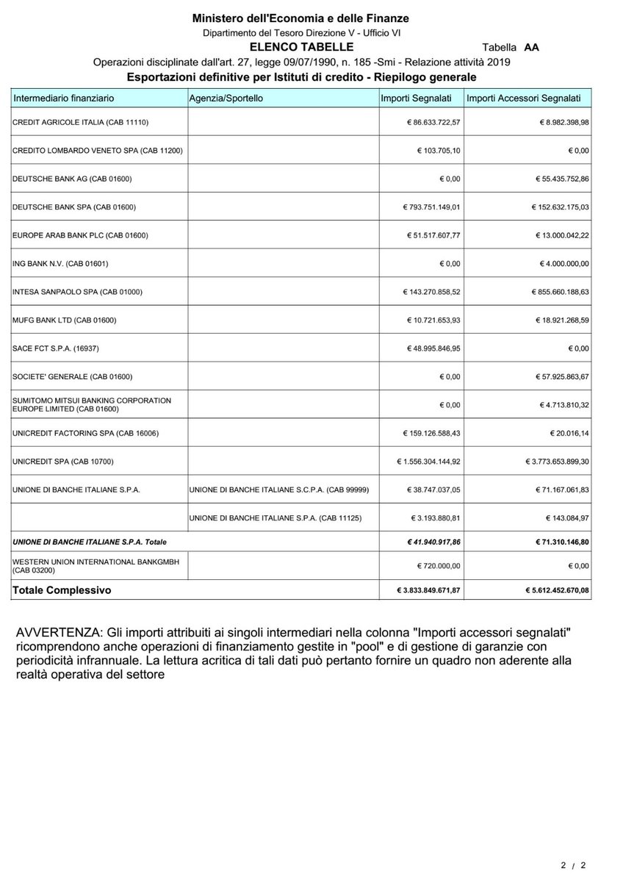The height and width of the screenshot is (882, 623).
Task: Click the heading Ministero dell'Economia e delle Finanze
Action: tap(300, 18)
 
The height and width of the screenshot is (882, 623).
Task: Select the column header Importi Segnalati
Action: tap(420, 98)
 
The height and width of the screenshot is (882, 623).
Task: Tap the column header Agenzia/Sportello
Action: tap(226, 98)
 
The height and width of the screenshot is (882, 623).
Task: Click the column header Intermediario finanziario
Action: tap(64, 98)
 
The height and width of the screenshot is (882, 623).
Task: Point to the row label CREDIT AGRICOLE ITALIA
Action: tap(86, 121)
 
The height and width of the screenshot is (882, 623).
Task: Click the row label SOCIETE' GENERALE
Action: tap(73, 377)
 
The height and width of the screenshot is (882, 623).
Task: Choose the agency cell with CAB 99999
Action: tap(278, 490)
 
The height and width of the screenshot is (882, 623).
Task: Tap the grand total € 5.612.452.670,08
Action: tap(555, 590)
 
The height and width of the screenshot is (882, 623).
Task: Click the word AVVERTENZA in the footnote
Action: tap(58, 633)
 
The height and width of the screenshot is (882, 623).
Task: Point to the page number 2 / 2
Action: tap(575, 865)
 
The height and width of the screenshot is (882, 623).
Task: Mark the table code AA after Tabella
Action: tap(532, 47)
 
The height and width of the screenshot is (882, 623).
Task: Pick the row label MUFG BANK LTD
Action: tap(65, 320)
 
